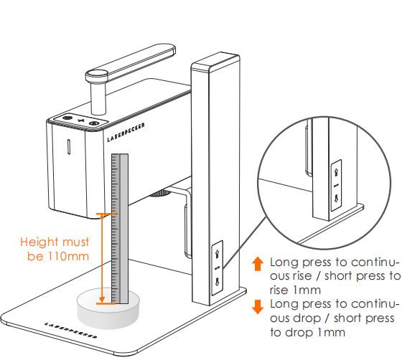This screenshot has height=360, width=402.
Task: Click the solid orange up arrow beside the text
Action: click(x=258, y=264)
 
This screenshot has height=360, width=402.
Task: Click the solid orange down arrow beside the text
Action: click(x=258, y=307)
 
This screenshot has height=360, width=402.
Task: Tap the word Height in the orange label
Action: click(x=39, y=242)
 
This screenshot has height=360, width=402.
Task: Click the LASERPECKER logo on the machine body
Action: click(x=126, y=132)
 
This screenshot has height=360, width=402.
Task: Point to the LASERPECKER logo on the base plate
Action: click(x=71, y=331)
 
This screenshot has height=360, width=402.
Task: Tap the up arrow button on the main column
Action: click(x=217, y=255)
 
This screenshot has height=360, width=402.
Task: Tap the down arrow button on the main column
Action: click(x=217, y=282)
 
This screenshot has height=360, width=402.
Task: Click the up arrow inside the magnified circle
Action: click(x=337, y=171)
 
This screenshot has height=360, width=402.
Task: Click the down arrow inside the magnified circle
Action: click(x=337, y=198)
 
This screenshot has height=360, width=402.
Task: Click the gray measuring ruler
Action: click(x=120, y=229)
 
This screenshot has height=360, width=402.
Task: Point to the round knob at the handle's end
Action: click(x=97, y=75)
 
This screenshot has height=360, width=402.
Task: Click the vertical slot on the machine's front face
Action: click(x=69, y=147)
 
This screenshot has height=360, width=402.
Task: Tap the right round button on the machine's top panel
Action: click(x=94, y=123)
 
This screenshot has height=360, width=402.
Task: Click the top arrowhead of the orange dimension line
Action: click(x=102, y=217)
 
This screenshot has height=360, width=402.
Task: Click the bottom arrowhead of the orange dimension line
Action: click(x=102, y=300)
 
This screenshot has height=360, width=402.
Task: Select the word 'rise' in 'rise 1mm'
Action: click(x=279, y=290)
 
